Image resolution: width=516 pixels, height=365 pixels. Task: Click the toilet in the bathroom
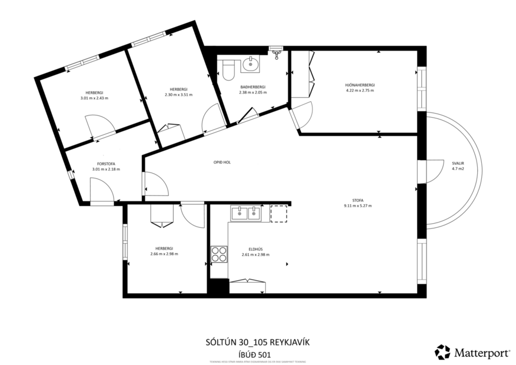click(x=229, y=69)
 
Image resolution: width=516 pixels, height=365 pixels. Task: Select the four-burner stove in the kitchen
click(x=219, y=254)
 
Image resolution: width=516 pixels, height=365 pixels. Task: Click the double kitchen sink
click(x=246, y=213)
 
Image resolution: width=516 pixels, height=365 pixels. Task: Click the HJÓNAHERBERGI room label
click(x=359, y=85)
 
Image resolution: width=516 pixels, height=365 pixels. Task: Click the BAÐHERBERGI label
click(x=252, y=87)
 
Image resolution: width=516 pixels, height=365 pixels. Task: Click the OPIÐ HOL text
click(x=222, y=162)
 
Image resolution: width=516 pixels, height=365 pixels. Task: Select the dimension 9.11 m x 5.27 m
click(x=358, y=206)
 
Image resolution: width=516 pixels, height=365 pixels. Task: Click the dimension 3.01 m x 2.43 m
click(x=94, y=98)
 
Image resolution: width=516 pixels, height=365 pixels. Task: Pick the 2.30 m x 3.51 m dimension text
click(x=178, y=94)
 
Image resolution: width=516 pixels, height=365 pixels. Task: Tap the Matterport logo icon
click(x=442, y=352)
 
